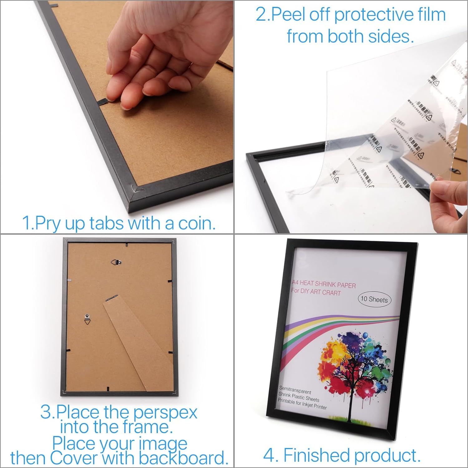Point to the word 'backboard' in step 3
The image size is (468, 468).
pos(183,458)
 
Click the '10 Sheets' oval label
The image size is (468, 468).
pos(374,299)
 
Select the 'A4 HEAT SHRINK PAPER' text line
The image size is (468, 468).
pos(324,284)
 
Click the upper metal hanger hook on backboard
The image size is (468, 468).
pos(116,263)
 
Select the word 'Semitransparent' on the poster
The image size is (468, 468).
pos(295,390)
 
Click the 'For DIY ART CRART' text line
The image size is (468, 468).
pos(316,292)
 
